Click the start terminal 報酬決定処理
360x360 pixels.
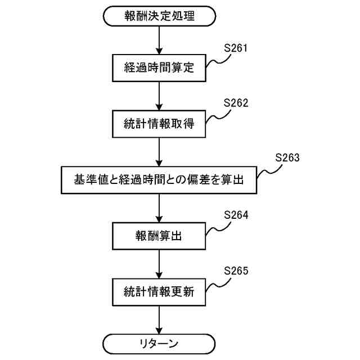pos(159,16)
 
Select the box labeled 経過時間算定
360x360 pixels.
pos(159,68)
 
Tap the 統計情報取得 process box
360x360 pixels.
pos(159,124)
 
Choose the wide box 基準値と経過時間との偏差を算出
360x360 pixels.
pos(159,180)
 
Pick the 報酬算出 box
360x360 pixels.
pos(159,236)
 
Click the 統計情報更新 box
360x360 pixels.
pos(159,292)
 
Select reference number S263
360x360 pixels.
pos(287,157)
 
